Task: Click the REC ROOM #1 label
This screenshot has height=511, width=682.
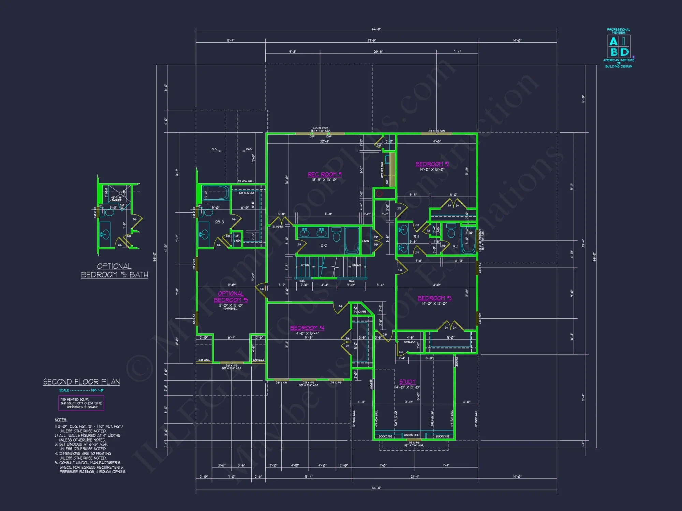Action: (x=324, y=174)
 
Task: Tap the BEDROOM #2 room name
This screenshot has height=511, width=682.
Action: (x=432, y=164)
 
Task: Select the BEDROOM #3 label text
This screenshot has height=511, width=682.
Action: (x=434, y=298)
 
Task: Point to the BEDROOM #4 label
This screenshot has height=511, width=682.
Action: (x=307, y=328)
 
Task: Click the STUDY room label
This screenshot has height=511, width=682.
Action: (x=407, y=382)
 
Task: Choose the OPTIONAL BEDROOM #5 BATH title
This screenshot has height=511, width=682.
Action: (x=114, y=270)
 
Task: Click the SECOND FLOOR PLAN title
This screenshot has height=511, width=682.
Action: (x=81, y=382)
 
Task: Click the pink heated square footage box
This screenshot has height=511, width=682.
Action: (x=81, y=403)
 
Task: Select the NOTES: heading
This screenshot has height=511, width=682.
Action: (x=61, y=420)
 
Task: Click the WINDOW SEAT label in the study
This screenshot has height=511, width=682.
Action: (x=412, y=435)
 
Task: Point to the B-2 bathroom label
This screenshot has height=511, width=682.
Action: (x=324, y=245)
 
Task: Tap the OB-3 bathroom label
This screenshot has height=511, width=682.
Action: (x=219, y=222)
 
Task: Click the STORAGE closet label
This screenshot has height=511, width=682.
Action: (x=409, y=342)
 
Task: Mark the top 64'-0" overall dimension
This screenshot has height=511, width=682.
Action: (x=376, y=29)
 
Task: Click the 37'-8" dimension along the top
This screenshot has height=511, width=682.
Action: (x=371, y=41)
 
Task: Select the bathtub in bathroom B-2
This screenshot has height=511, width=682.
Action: (x=352, y=240)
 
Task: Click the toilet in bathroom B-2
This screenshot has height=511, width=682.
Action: (x=336, y=234)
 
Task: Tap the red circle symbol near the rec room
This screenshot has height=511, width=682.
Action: (x=379, y=193)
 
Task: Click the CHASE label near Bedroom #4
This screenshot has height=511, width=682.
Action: (x=362, y=312)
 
